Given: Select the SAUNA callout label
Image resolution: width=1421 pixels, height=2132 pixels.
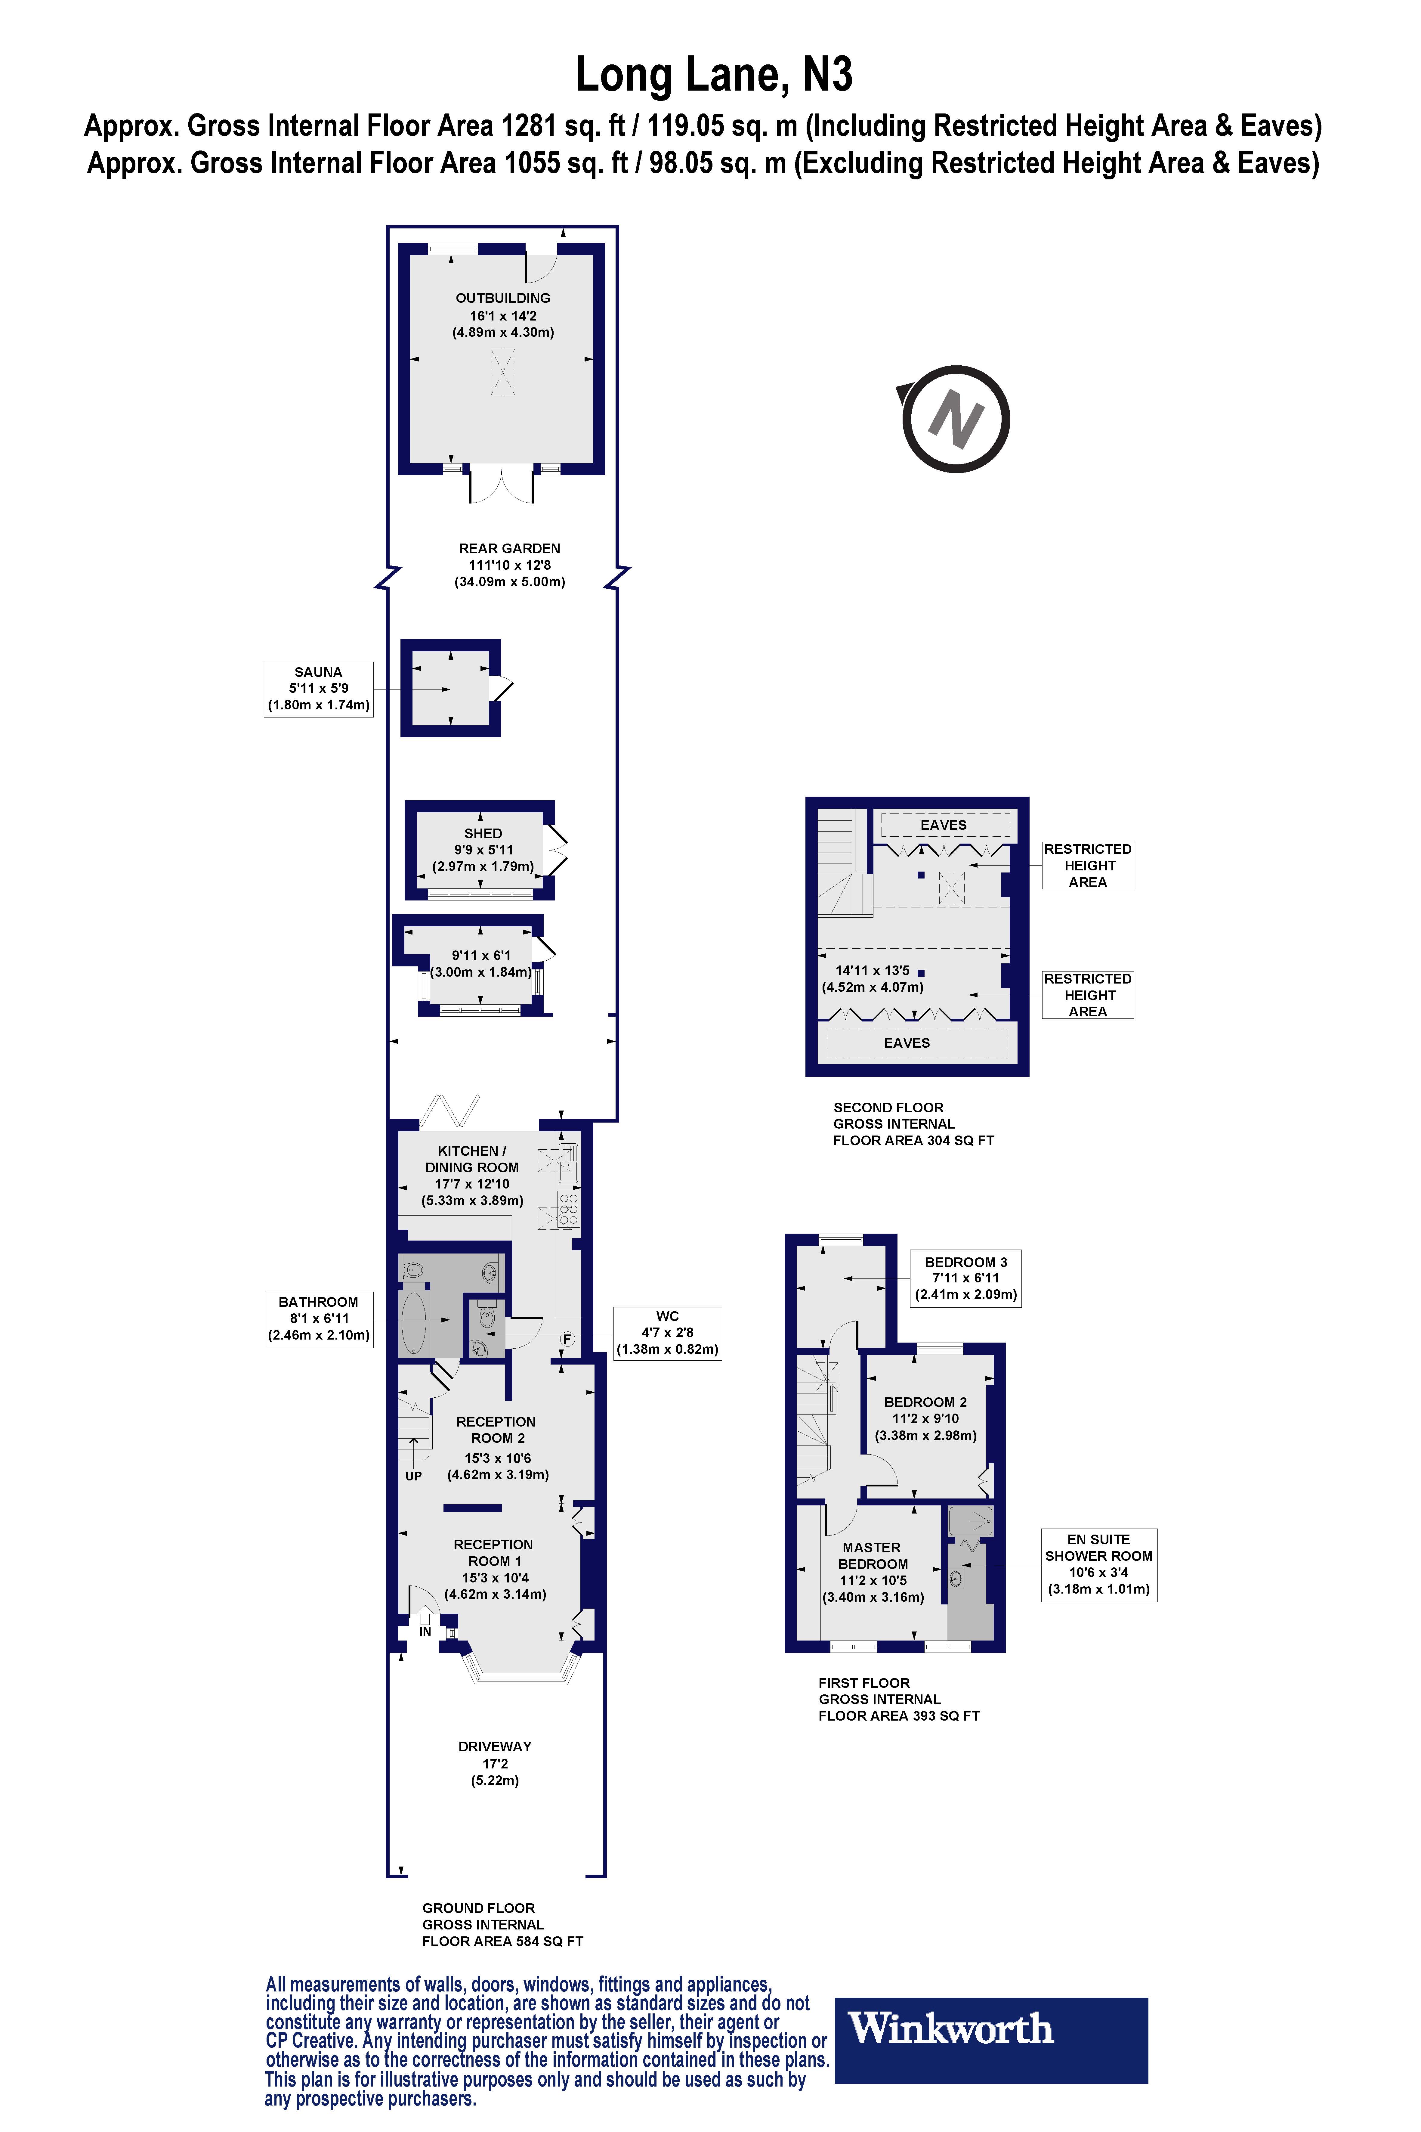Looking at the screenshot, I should pyautogui.click(x=318, y=689).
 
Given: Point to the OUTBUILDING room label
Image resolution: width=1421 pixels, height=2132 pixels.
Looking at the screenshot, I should pyautogui.click(x=503, y=298).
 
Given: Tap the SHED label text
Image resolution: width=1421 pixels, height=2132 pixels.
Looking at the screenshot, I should pyautogui.click(x=483, y=833).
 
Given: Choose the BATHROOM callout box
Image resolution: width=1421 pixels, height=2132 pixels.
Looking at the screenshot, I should pyautogui.click(x=318, y=1319).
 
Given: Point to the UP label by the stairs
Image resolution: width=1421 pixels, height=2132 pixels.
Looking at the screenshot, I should pyautogui.click(x=413, y=1476).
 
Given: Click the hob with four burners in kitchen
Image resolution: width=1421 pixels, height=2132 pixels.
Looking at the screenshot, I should pyautogui.click(x=568, y=1209).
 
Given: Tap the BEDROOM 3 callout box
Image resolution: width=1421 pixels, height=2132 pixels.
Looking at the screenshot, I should pyautogui.click(x=965, y=1278).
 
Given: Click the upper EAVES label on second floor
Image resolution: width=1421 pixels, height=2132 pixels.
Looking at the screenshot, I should pyautogui.click(x=944, y=825).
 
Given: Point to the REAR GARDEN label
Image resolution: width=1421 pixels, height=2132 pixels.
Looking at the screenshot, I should pyautogui.click(x=509, y=548).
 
